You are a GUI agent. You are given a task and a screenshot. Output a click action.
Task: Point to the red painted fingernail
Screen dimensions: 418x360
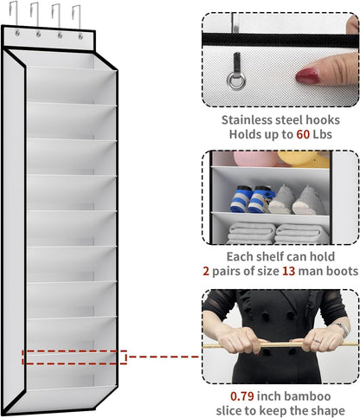click(x=309, y=76)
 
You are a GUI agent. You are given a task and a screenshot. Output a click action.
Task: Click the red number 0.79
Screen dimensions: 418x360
click(x=228, y=395)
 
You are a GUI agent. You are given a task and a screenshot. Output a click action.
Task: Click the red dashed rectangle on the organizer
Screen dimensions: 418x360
click(x=74, y=357)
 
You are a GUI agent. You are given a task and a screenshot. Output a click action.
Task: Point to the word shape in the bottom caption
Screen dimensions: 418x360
click(x=327, y=410)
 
